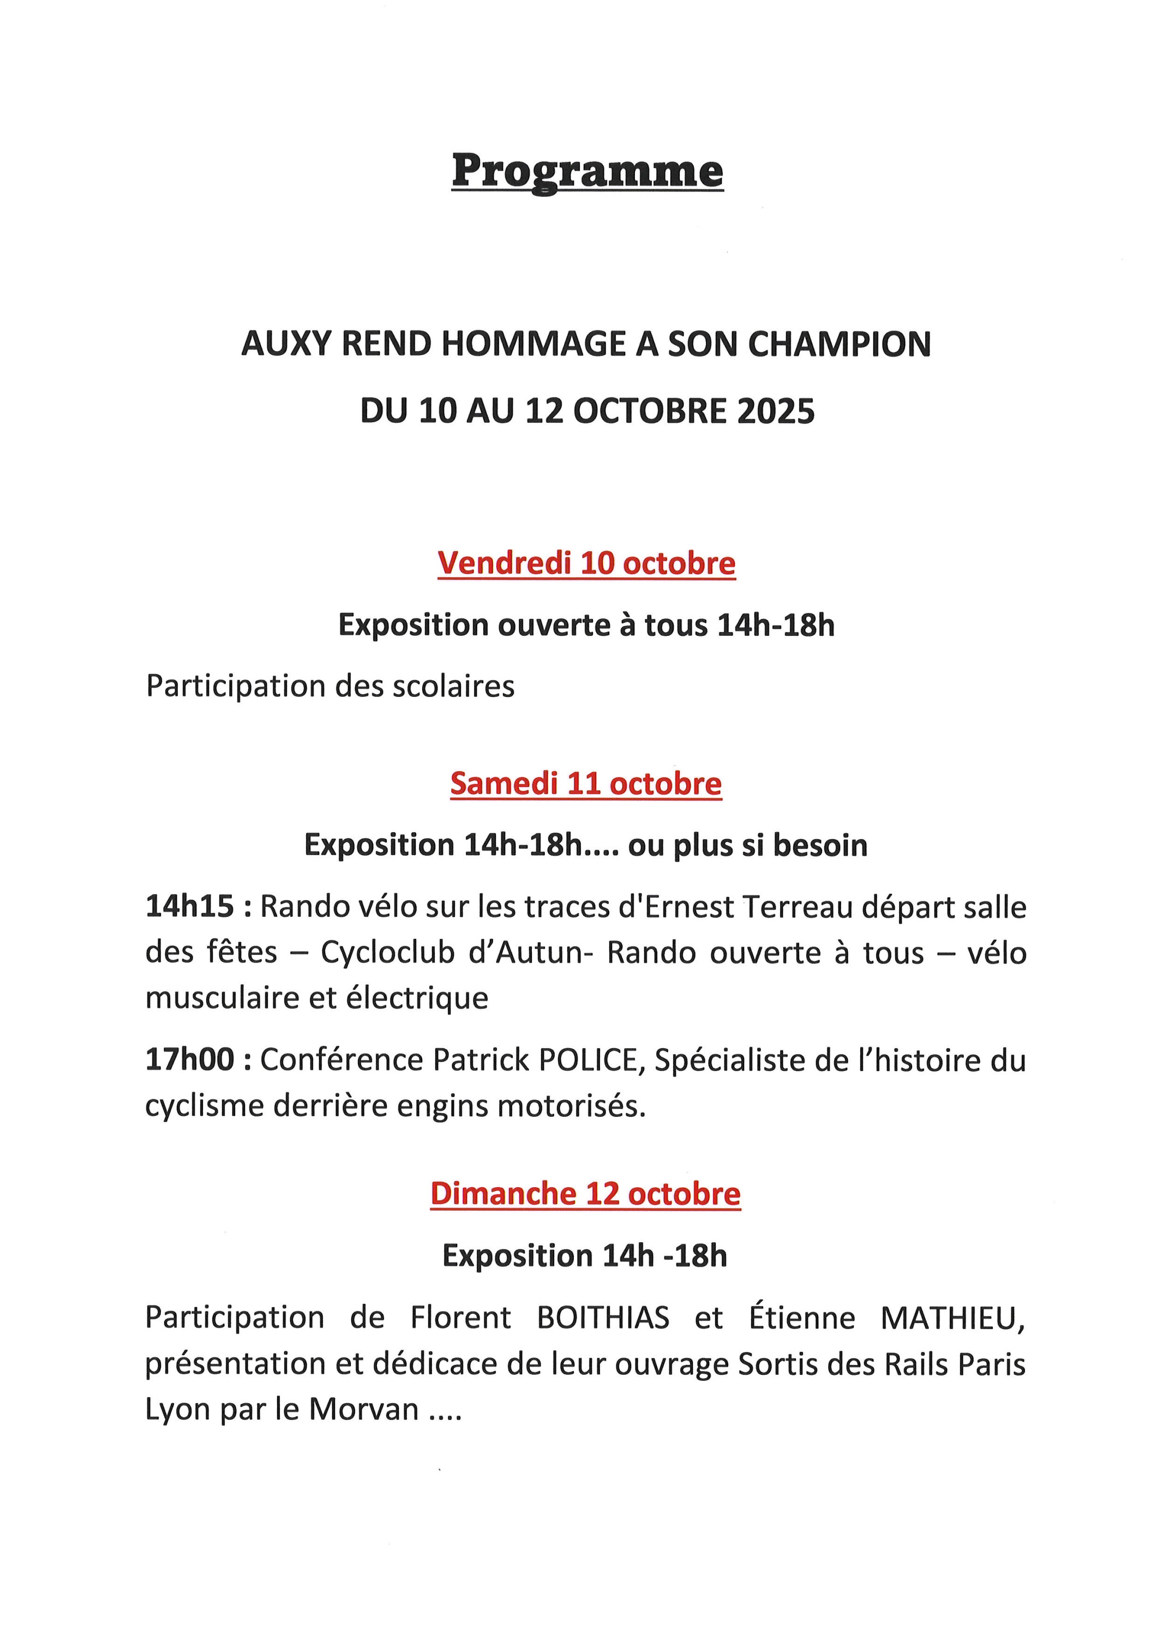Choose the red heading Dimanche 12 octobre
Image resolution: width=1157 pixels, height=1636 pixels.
tap(585, 1194)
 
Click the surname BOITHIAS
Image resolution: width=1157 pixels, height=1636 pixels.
tap(603, 1318)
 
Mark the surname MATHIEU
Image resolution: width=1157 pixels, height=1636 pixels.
tap(952, 1318)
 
